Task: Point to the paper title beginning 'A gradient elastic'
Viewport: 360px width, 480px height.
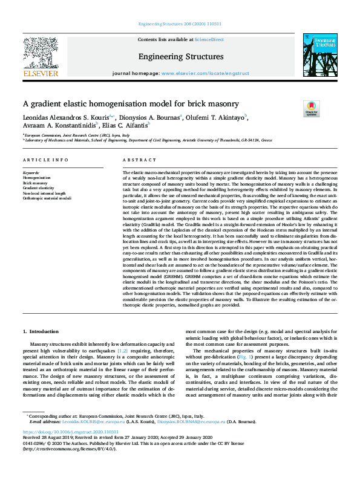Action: click(131, 104)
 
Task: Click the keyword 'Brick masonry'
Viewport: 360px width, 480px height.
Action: click(34, 183)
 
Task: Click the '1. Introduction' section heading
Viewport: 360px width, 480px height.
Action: click(42, 331)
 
